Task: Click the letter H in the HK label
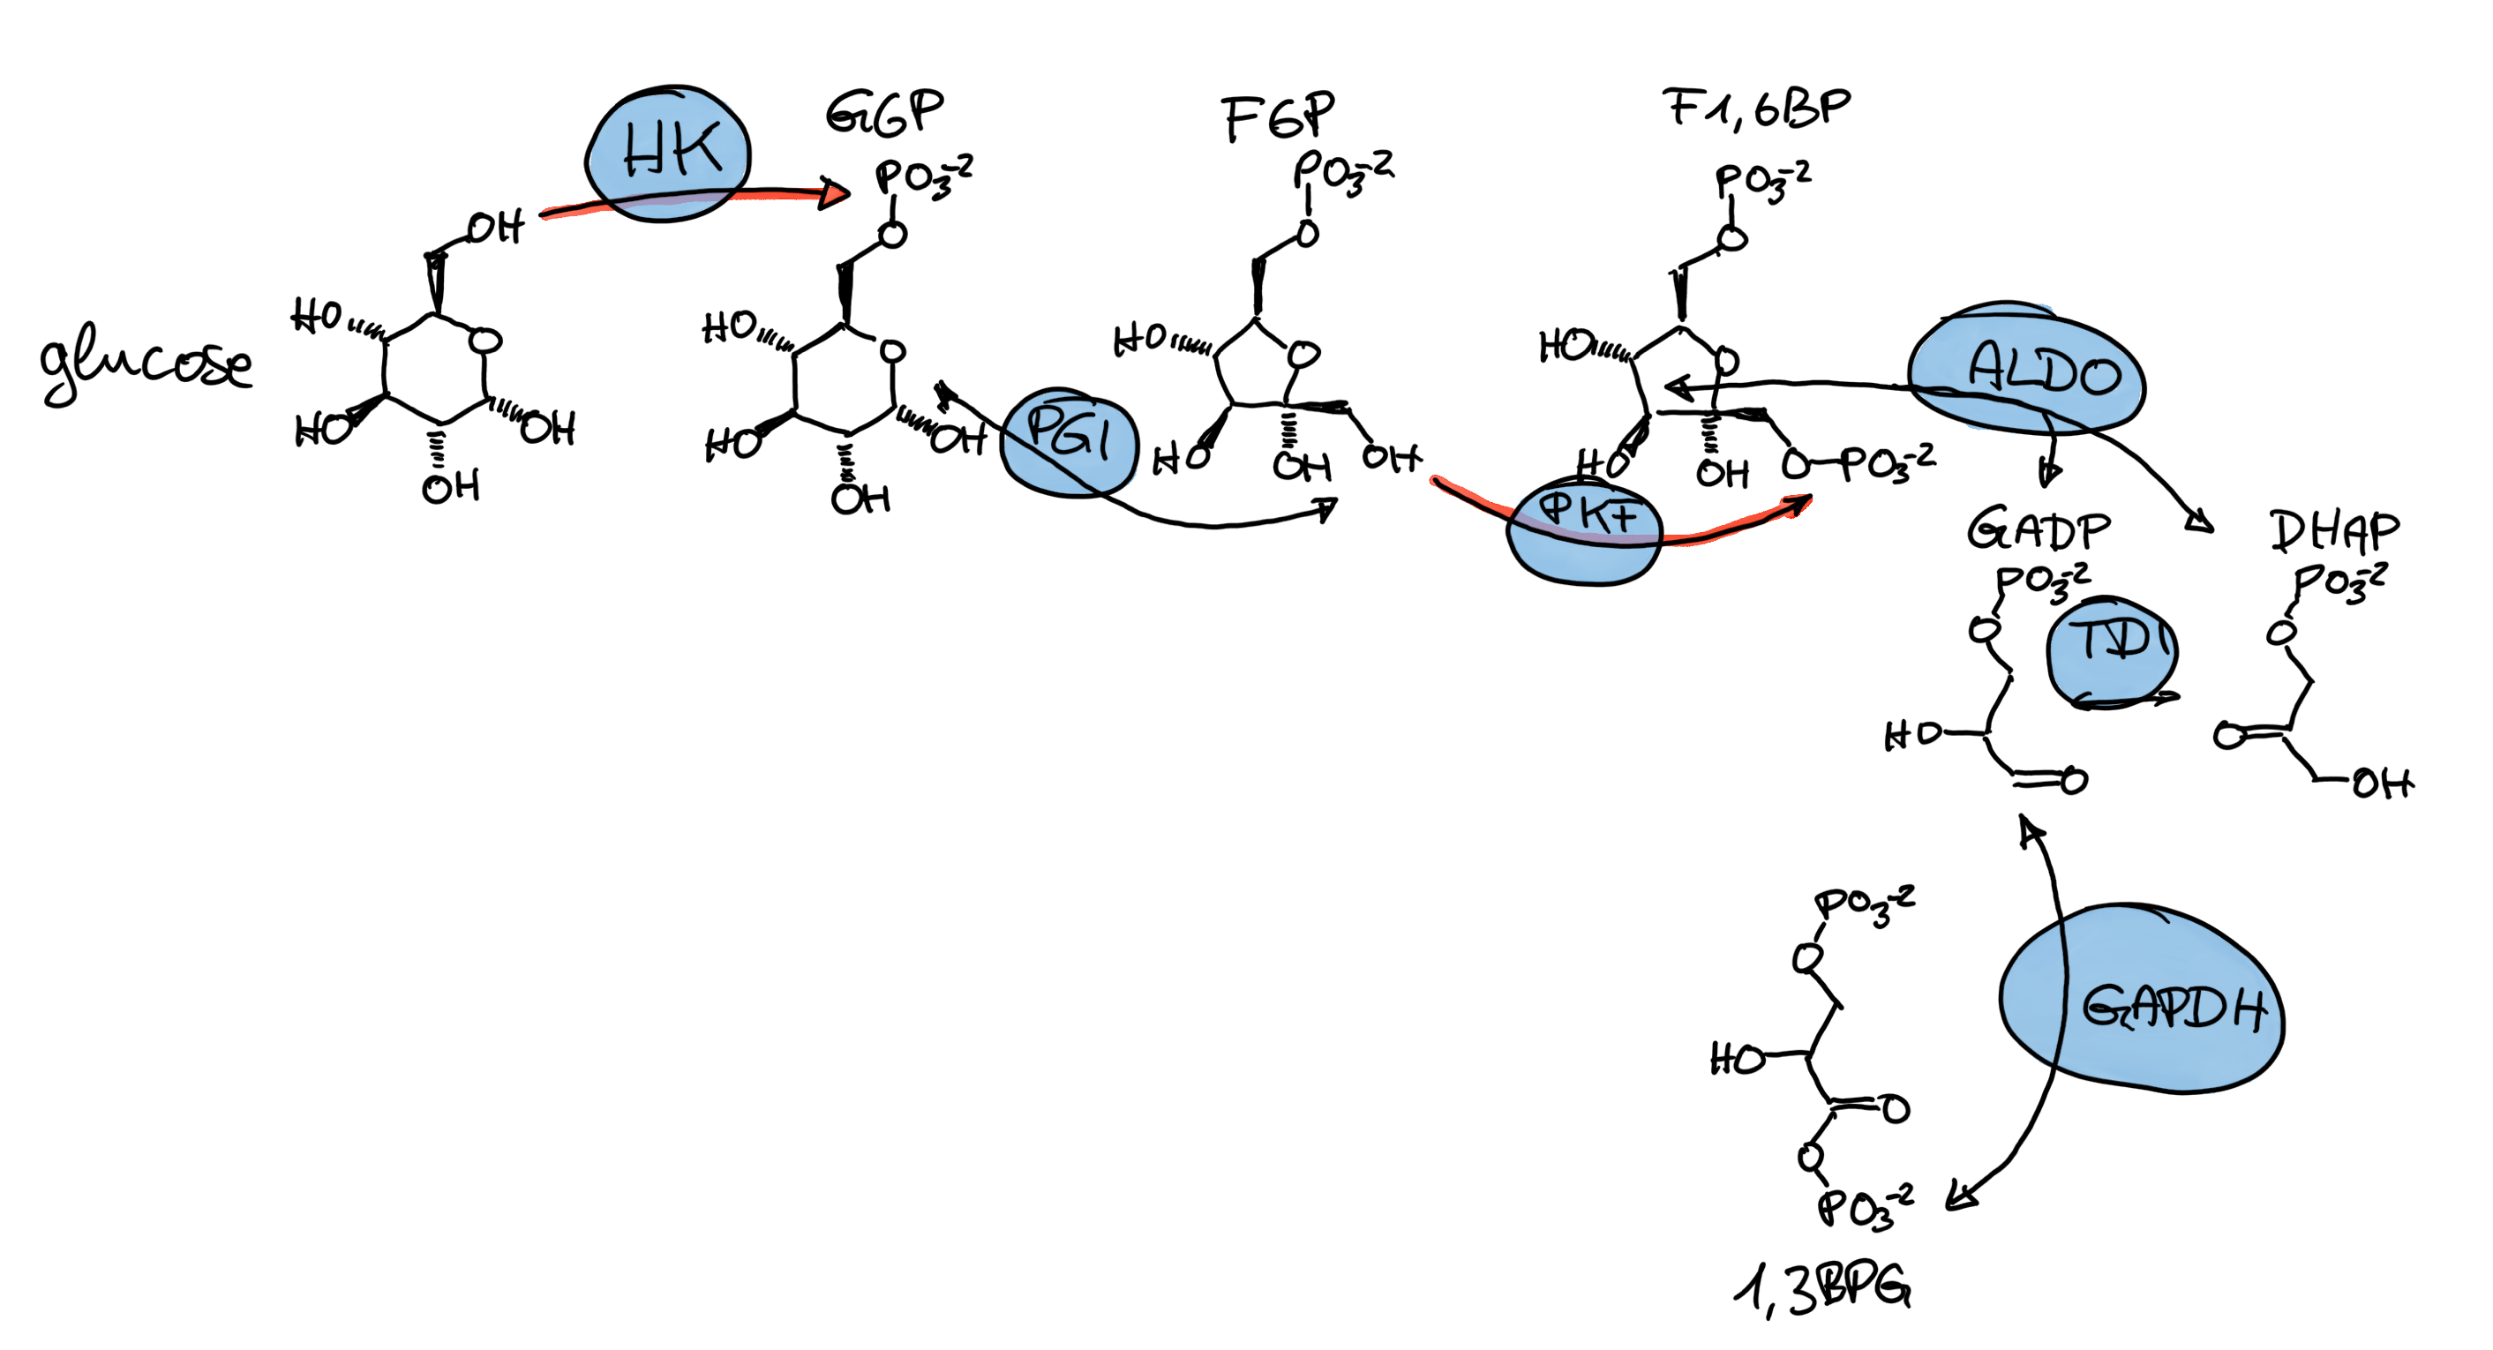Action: click(642, 153)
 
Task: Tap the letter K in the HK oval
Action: click(697, 149)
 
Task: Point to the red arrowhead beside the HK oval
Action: click(834, 196)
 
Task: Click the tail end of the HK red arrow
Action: click(548, 214)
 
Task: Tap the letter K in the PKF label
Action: click(1588, 514)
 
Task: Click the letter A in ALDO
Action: click(1990, 366)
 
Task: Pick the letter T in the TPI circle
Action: click(2085, 639)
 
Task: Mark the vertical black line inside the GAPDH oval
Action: click(2062, 997)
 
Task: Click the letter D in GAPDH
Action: click(2205, 1009)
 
